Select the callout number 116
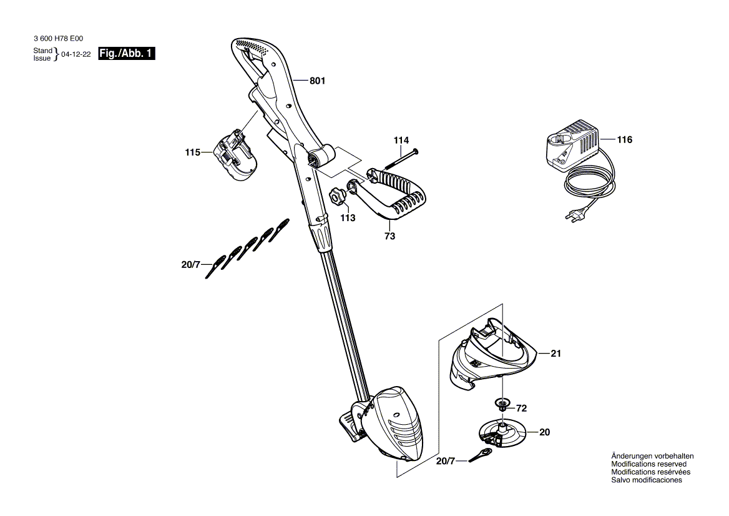coord(624,140)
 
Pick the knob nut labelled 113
coord(338,197)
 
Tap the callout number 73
coord(390,237)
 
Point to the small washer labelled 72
coord(502,404)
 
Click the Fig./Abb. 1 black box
coord(127,54)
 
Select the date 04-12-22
coord(76,54)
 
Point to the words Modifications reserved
coord(648,464)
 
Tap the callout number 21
coord(556,354)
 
